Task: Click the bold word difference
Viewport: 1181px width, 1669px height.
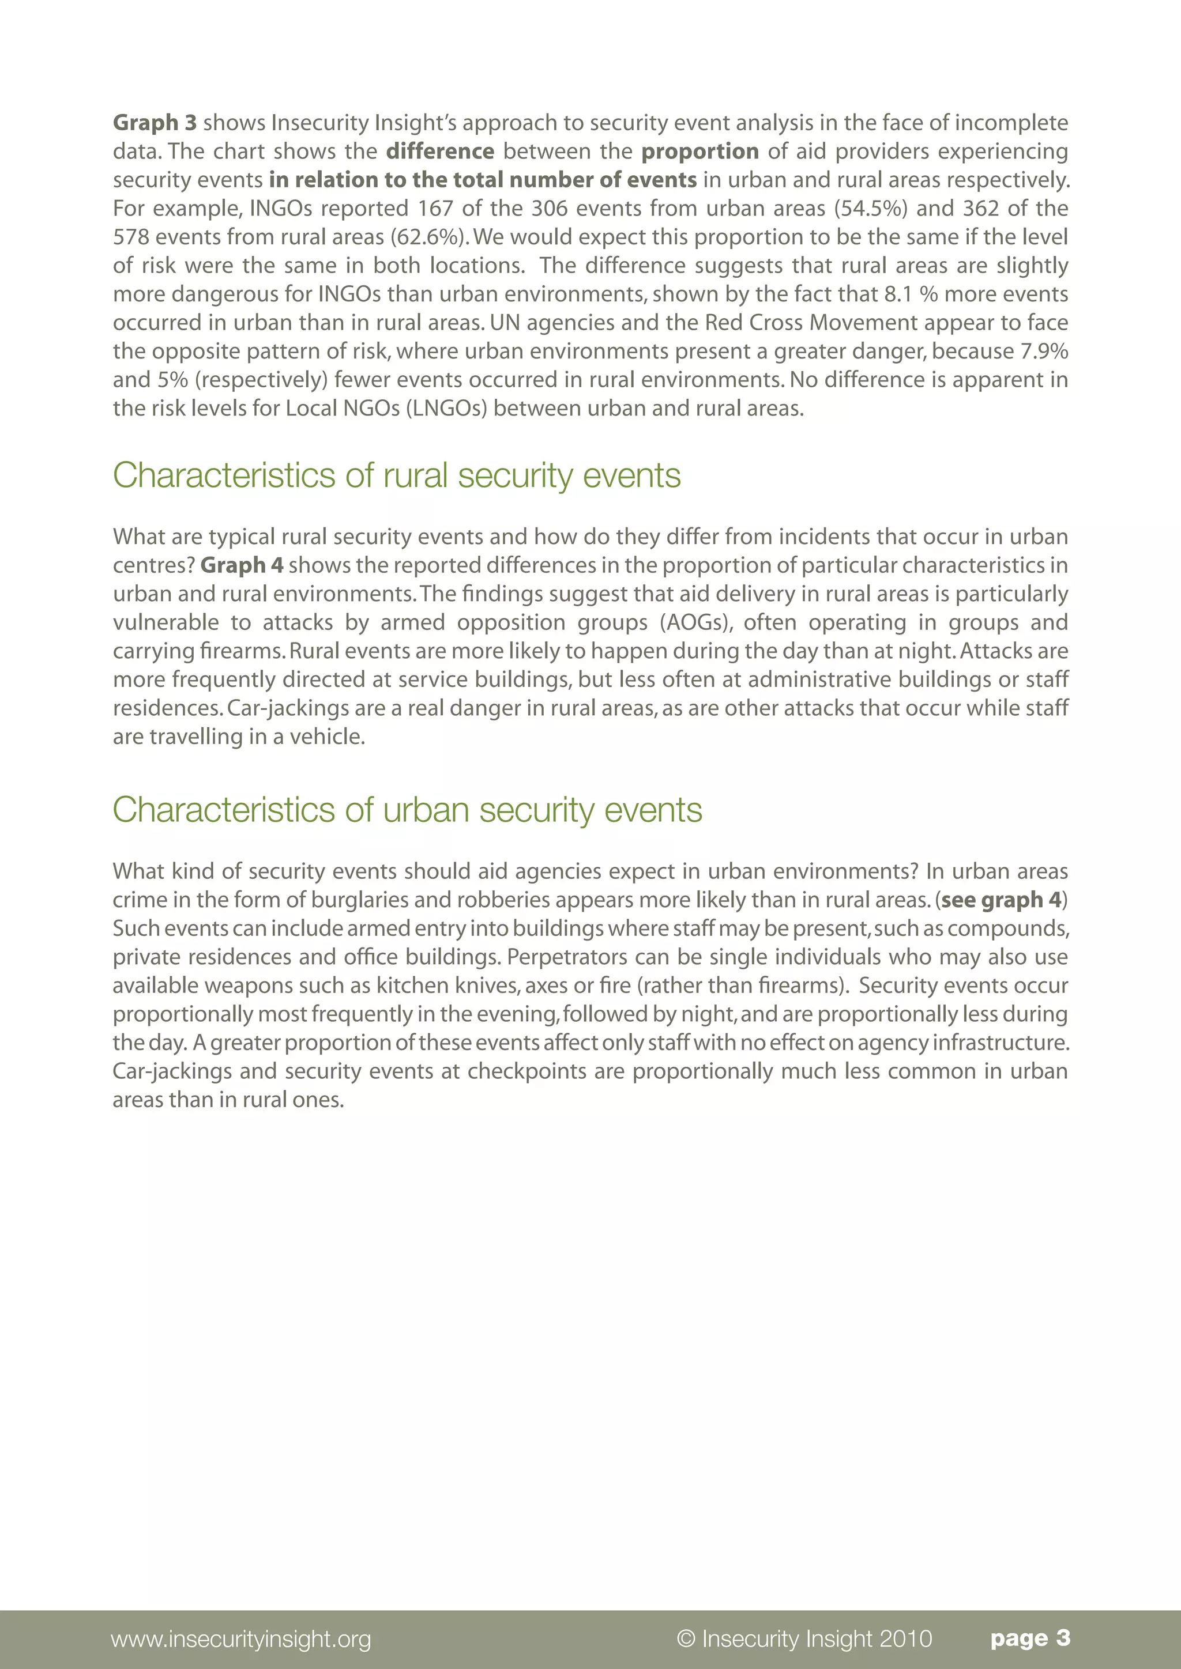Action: click(x=440, y=151)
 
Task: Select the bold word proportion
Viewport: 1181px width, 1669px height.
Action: click(x=699, y=151)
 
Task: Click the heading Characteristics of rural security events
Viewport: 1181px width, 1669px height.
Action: click(x=396, y=475)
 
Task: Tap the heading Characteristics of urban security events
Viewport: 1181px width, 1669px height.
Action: click(x=407, y=810)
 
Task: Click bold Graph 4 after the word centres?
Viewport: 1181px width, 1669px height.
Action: click(x=242, y=565)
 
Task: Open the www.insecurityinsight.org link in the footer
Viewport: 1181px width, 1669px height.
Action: click(x=240, y=1638)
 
